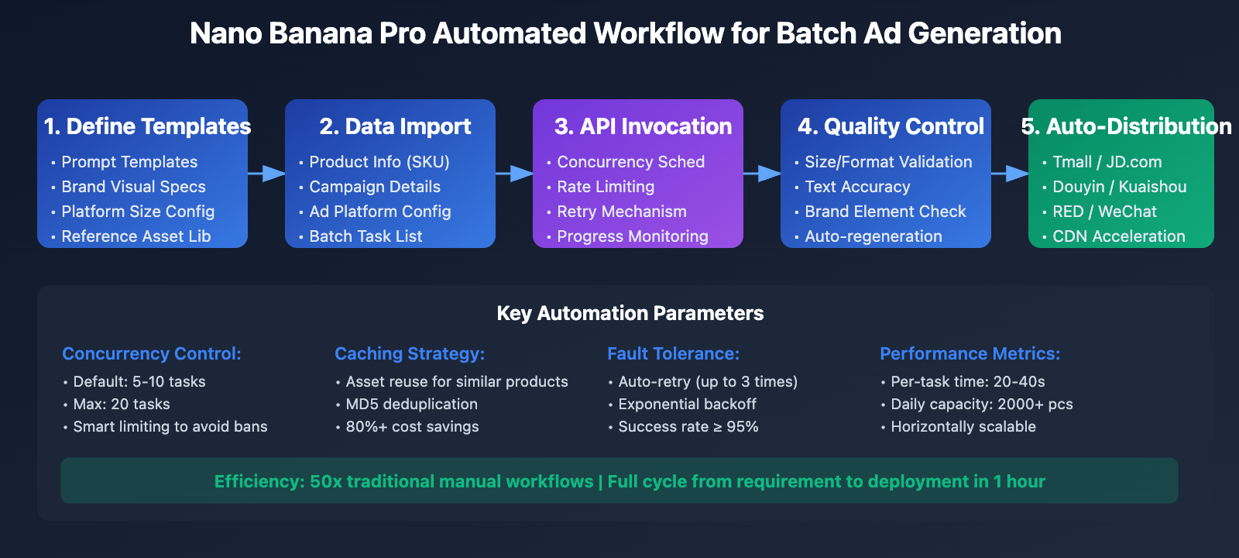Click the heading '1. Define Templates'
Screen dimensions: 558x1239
[147, 126]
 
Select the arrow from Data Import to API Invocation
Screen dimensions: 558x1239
[514, 174]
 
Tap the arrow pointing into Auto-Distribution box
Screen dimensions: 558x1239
[1010, 174]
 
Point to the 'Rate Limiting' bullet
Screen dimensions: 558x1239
[606, 187]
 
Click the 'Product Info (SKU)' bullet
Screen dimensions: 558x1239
[379, 162]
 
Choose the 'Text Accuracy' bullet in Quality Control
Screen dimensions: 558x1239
[857, 187]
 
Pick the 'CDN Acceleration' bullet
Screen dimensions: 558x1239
[1118, 236]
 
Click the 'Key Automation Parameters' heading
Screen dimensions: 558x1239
[630, 313]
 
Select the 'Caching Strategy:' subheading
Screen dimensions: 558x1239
[410, 353]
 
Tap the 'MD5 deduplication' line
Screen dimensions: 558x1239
[411, 404]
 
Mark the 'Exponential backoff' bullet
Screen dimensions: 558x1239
[687, 404]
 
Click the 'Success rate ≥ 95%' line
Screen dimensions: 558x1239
[688, 426]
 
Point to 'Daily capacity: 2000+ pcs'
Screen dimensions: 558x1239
[981, 404]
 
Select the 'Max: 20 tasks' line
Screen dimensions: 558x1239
[122, 404]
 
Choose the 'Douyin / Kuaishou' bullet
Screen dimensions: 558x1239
[1119, 187]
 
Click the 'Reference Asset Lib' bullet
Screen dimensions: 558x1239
[136, 236]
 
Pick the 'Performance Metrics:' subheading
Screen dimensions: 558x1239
[970, 353]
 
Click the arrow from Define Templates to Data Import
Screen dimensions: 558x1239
[266, 174]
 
